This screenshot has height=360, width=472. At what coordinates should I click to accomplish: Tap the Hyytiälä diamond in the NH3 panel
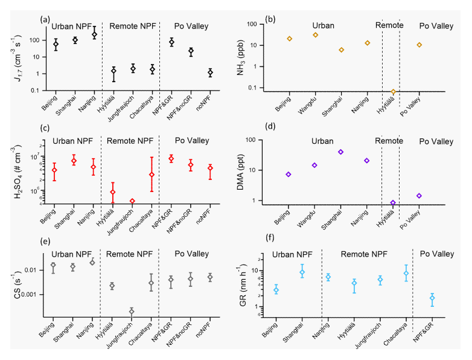coord(393,92)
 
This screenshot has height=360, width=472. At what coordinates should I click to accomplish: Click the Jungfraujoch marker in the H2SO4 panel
coord(133,201)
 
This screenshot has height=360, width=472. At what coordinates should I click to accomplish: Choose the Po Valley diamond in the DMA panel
coord(419,196)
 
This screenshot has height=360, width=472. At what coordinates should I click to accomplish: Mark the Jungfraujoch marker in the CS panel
coord(132,312)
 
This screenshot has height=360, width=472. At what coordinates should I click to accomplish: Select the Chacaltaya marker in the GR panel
coord(406,273)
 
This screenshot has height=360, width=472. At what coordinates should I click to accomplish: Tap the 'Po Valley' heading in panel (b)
coord(435,25)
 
